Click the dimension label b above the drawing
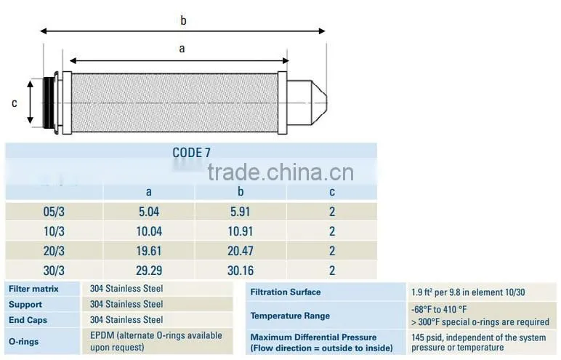pyautogui.click(x=183, y=20)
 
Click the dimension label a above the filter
pyautogui.click(x=182, y=49)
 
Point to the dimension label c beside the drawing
pyautogui.click(x=15, y=103)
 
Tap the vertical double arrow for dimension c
pyautogui.click(x=31, y=102)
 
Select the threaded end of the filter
pyautogui.click(x=48, y=103)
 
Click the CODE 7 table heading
pyautogui.click(x=191, y=153)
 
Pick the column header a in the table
pyautogui.click(x=149, y=192)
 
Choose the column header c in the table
pyautogui.click(x=332, y=192)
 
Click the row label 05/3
pyautogui.click(x=54, y=212)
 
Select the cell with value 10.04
pyautogui.click(x=149, y=231)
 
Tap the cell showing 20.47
pyautogui.click(x=241, y=251)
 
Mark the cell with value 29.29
pyautogui.click(x=149, y=271)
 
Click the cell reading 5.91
pyautogui.click(x=241, y=212)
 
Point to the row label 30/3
pyautogui.click(x=54, y=271)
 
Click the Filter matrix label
pyautogui.click(x=33, y=289)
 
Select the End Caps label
pyautogui.click(x=28, y=320)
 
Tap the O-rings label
pyautogui.click(x=23, y=341)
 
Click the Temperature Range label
pyautogui.click(x=290, y=316)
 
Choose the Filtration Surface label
pyautogui.click(x=286, y=292)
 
